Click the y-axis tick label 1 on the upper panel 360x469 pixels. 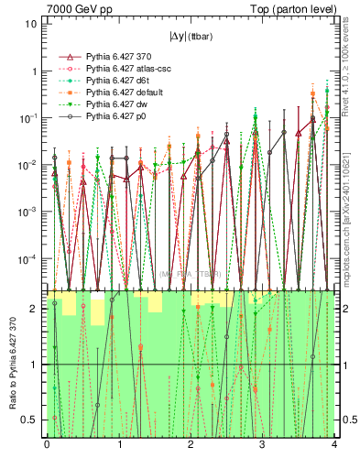click(x=35, y=71)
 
